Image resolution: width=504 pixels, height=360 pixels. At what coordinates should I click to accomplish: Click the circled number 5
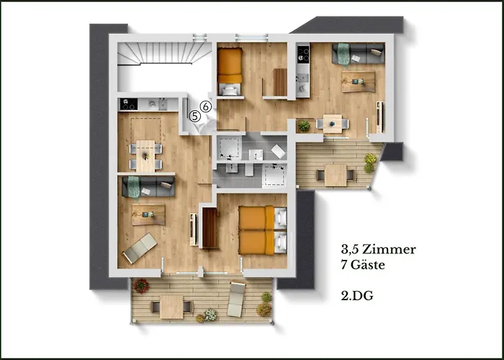click(x=194, y=116)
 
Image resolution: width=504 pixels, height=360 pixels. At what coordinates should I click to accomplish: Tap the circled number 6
click(x=206, y=107)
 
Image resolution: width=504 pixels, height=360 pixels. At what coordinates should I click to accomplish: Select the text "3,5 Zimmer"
click(x=379, y=250)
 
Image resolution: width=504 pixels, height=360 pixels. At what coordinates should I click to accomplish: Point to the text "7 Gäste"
click(x=363, y=265)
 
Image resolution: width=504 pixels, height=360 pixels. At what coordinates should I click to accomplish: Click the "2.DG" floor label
click(x=357, y=296)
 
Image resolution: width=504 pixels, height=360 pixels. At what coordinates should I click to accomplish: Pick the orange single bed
click(x=230, y=71)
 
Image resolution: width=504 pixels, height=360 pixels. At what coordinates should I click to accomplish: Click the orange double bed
click(x=263, y=230)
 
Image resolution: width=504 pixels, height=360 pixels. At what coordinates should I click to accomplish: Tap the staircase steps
click(x=164, y=53)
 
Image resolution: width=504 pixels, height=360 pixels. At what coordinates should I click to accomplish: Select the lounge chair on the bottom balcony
click(x=237, y=299)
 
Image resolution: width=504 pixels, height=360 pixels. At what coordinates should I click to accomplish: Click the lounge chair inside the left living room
click(x=140, y=248)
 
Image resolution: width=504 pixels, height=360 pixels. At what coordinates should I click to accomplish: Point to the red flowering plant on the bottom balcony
click(x=141, y=286)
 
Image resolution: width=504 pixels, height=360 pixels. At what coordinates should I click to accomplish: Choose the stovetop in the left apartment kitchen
click(x=129, y=104)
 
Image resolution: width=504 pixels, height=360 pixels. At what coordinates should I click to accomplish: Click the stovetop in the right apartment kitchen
click(x=303, y=54)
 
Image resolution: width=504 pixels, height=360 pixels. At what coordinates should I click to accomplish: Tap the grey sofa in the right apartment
click(x=358, y=54)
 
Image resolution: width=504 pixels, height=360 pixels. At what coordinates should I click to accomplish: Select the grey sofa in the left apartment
click(x=148, y=186)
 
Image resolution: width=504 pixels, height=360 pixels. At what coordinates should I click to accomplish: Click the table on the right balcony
click(x=336, y=176)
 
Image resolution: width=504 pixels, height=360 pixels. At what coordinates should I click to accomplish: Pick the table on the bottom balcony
click(x=171, y=307)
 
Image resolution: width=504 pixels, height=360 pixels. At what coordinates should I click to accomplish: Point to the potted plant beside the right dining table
click(x=304, y=126)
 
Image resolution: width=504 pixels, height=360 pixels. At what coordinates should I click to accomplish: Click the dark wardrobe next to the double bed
click(x=210, y=228)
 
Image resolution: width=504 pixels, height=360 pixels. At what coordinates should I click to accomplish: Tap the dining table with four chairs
click(x=145, y=156)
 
